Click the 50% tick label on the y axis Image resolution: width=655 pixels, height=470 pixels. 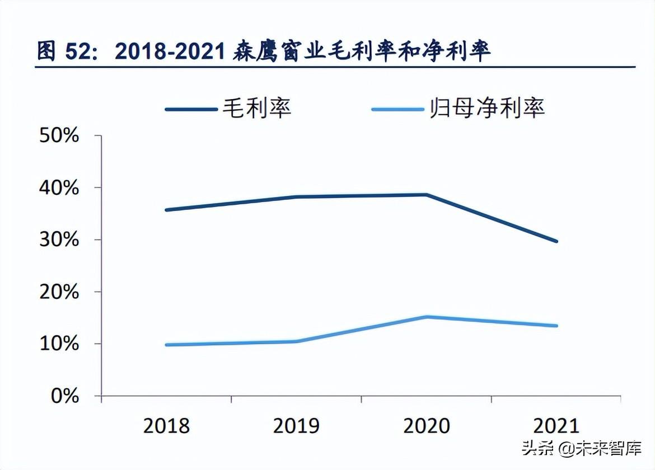59,136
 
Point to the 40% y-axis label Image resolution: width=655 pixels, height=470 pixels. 59,188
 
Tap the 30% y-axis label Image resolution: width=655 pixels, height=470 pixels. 59,240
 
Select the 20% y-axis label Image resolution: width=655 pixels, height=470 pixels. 59,292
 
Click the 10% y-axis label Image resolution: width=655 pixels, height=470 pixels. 59,344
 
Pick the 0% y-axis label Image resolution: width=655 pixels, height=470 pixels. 65,396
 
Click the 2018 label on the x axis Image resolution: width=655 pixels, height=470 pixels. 167,426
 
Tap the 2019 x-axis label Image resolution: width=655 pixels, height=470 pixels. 297,426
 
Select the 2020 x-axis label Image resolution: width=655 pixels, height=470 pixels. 427,426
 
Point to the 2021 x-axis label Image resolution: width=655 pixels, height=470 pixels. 556,426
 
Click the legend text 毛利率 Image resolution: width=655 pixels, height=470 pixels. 257,107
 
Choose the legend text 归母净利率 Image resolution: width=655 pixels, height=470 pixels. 487,107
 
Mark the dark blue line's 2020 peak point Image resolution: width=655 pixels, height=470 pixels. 427,195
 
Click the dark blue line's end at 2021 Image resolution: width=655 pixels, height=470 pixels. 556,241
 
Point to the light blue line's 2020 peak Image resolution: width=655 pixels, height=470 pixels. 427,317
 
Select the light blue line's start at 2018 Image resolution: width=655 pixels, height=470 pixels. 167,345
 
